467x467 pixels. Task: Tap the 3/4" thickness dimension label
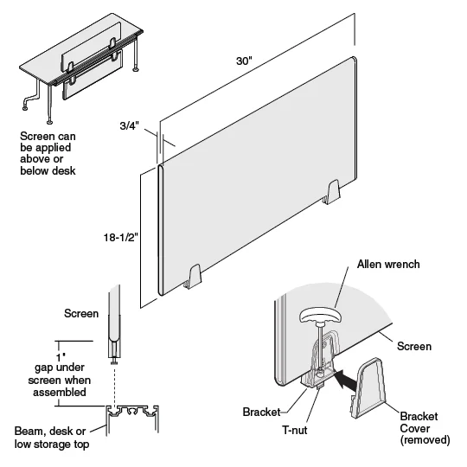pyautogui.click(x=131, y=125)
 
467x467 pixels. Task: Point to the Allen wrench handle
pyautogui.click(x=320, y=317)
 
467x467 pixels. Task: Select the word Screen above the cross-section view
pyautogui.click(x=80, y=313)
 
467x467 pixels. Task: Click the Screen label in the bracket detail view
pyautogui.click(x=413, y=346)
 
